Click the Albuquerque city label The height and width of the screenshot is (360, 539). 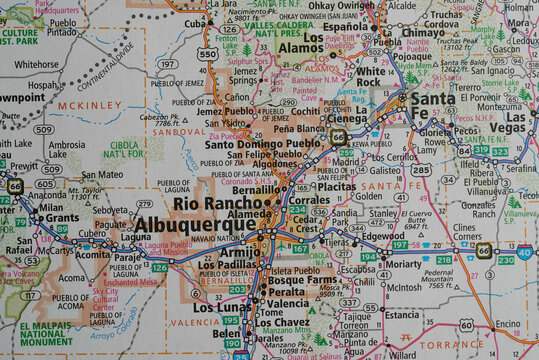(194, 225)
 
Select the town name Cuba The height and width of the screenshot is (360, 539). (195, 23)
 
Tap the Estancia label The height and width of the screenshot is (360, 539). (402, 314)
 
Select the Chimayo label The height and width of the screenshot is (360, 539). (423, 32)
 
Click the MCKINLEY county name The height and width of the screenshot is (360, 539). (91, 105)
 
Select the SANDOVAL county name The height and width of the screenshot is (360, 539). (181, 130)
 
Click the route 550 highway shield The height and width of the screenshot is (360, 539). (207, 54)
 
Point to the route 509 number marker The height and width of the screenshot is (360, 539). (43, 129)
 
